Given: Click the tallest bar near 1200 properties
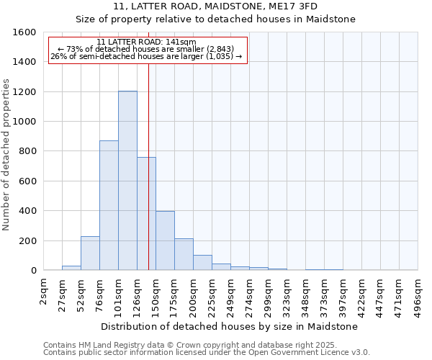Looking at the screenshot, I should pyautogui.click(x=127, y=180).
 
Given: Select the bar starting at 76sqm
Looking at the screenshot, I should pyautogui.click(x=109, y=205).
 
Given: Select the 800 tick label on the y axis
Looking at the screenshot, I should pyautogui.click(x=27, y=151).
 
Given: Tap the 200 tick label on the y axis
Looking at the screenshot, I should pyautogui.click(x=27, y=240).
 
